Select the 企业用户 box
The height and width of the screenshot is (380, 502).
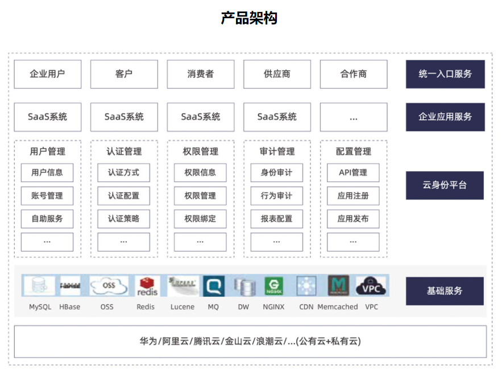48,74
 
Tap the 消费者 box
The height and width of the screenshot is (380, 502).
200,74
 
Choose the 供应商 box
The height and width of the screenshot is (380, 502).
277,74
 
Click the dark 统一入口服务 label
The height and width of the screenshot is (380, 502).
445,74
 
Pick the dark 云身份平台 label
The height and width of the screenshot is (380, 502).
445,185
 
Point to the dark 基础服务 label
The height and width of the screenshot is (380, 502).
445,291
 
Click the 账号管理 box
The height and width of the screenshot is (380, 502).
47,196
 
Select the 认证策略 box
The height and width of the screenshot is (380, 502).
123,218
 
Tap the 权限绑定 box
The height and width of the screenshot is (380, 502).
200,218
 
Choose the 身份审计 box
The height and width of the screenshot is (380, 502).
276,172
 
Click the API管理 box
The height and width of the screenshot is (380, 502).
353,172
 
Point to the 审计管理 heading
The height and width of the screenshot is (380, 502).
277,151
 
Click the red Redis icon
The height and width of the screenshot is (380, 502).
146,286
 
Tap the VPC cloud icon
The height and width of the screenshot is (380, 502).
371,286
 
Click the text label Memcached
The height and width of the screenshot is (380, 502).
338,307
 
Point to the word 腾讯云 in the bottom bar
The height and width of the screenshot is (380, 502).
206,341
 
